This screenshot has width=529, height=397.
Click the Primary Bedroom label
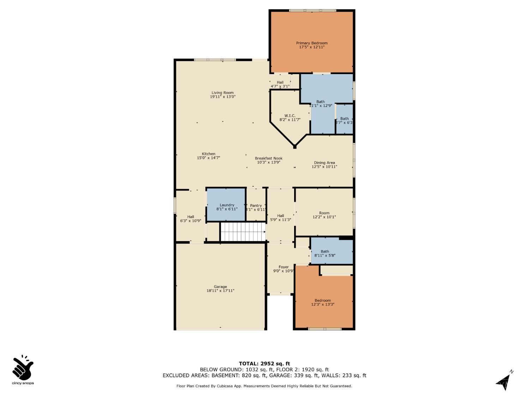[x=312, y=43]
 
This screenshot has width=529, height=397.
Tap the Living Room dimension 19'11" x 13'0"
[x=223, y=97]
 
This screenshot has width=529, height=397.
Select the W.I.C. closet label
[x=290, y=116]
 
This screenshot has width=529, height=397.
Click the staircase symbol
[x=243, y=231]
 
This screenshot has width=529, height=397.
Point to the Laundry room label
[x=227, y=205]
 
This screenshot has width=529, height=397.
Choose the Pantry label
[x=256, y=205]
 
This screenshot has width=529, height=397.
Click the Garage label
[x=220, y=287]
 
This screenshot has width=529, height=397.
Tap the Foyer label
[x=284, y=267]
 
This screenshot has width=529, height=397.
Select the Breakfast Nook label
[x=269, y=158]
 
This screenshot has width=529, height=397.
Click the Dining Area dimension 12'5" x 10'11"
[x=324, y=167]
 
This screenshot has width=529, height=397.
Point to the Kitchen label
[x=208, y=154]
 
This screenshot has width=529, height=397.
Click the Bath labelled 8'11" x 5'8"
[x=325, y=253]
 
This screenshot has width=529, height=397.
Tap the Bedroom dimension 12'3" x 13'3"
[x=323, y=305]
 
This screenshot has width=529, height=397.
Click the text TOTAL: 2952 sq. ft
[x=264, y=363]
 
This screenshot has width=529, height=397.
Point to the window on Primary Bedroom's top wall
[x=312, y=11]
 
